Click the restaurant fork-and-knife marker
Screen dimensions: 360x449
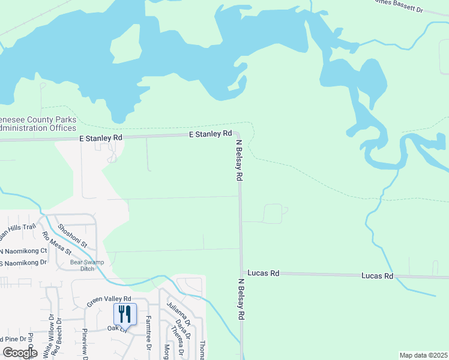coord(125,314)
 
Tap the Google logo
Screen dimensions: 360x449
coord(20,353)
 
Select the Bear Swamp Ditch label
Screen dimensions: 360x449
coord(87,265)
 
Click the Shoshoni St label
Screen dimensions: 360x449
coord(73,236)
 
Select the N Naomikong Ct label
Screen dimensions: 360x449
coord(23,251)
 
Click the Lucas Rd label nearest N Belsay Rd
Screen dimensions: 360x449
coord(266,273)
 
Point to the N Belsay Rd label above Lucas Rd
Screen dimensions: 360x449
coord(239,160)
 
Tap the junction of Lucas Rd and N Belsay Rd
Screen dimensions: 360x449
coord(241,273)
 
